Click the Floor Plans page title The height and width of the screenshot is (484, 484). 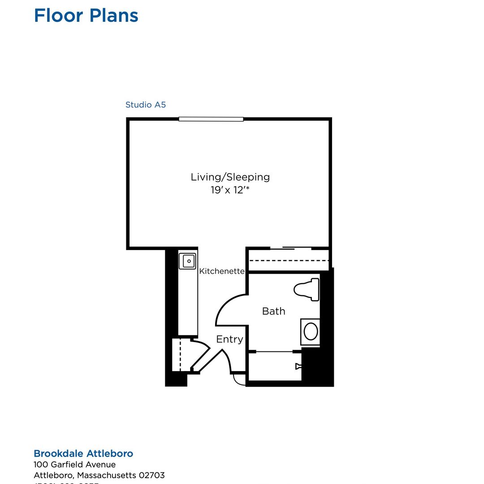pyautogui.click(x=86, y=16)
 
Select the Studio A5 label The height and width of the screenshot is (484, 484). pyautogui.click(x=145, y=105)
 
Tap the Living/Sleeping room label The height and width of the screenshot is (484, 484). pyautogui.click(x=230, y=177)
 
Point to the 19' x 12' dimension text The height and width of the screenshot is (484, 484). pyautogui.click(x=230, y=190)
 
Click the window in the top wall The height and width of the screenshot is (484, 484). pyautogui.click(x=211, y=119)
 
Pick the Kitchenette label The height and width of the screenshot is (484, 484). pyautogui.click(x=222, y=271)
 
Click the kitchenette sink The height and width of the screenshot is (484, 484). pyautogui.click(x=187, y=261)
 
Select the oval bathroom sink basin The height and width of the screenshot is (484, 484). pyautogui.click(x=311, y=332)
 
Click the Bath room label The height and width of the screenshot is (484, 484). pyautogui.click(x=273, y=311)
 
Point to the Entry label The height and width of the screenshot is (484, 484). pyautogui.click(x=229, y=339)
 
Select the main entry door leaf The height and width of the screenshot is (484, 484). pyautogui.click(x=211, y=361)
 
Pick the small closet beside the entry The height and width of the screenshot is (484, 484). pyautogui.click(x=181, y=354)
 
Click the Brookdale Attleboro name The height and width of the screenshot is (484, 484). pyautogui.click(x=83, y=454)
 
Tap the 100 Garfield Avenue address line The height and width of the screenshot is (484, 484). pyautogui.click(x=74, y=465)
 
